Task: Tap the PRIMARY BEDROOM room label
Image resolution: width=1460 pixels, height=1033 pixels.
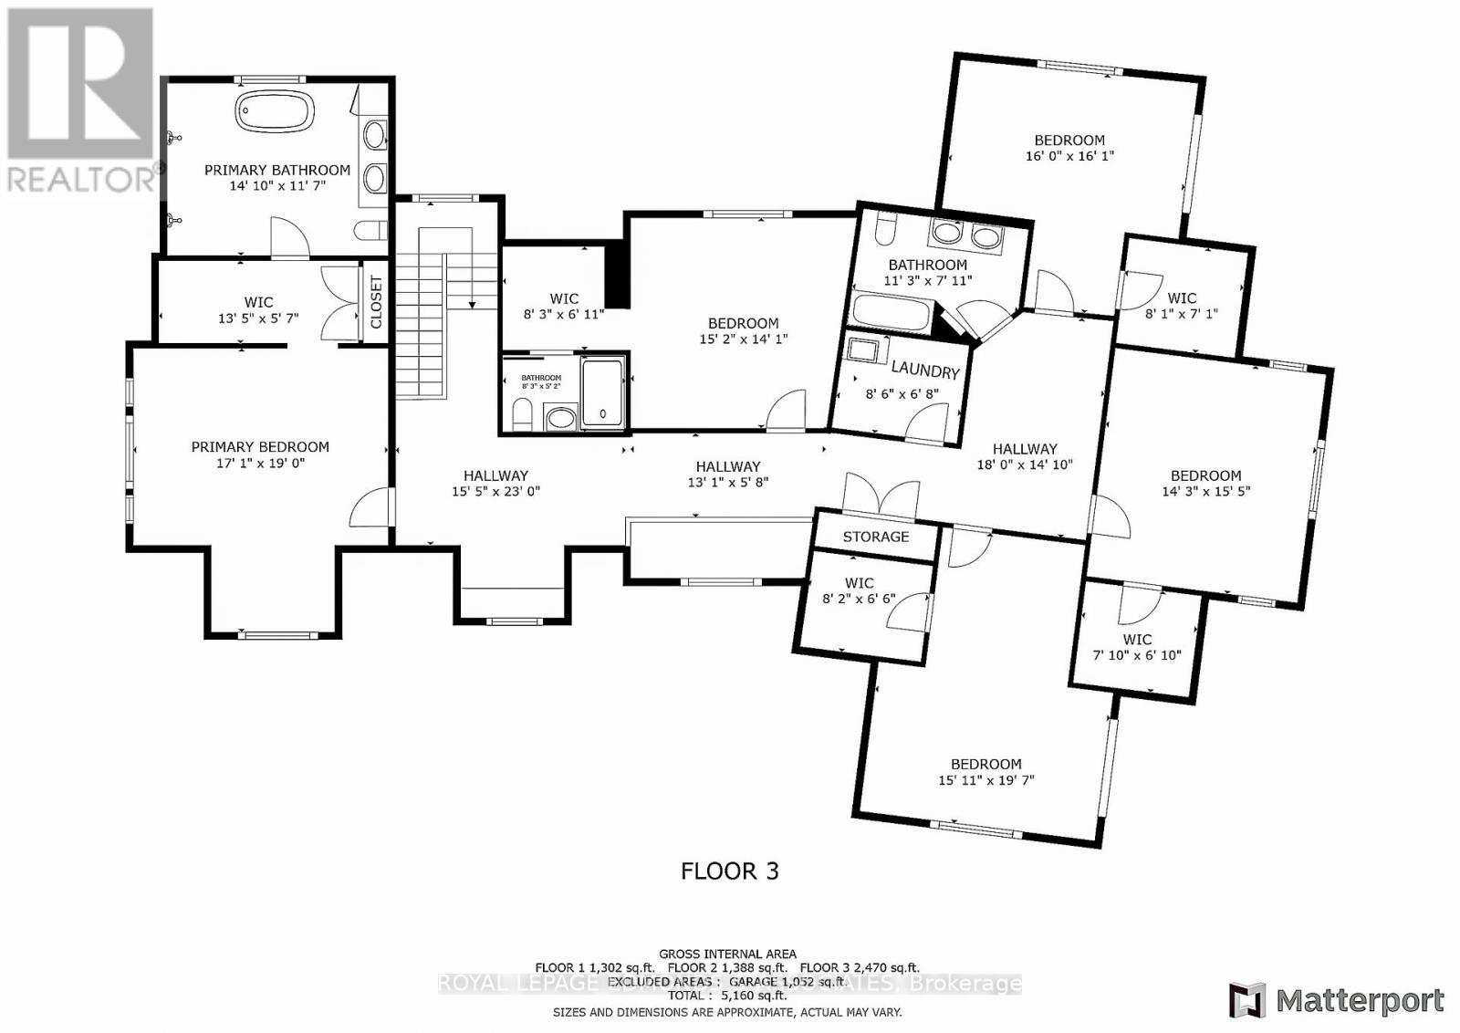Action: (260, 447)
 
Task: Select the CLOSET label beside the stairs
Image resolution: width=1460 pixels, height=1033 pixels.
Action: (376, 302)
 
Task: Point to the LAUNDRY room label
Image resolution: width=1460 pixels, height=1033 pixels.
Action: (924, 370)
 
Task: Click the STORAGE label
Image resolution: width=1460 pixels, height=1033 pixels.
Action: (875, 537)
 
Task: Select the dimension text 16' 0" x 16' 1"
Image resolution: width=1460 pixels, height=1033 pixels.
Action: (1069, 156)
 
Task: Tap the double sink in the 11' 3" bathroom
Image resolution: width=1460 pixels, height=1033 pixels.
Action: (966, 236)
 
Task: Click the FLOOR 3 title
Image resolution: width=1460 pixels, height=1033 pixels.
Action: (729, 871)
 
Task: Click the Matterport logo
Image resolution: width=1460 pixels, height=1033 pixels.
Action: (1337, 1001)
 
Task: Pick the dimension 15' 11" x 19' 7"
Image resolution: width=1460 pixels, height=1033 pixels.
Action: (985, 780)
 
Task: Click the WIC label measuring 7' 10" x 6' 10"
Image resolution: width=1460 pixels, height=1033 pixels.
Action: (1137, 640)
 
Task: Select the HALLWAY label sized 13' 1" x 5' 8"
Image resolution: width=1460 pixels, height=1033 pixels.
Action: (727, 466)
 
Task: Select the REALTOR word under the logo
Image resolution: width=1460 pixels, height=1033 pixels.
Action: (80, 179)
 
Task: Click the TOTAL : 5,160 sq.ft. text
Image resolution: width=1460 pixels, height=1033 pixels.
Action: (727, 996)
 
